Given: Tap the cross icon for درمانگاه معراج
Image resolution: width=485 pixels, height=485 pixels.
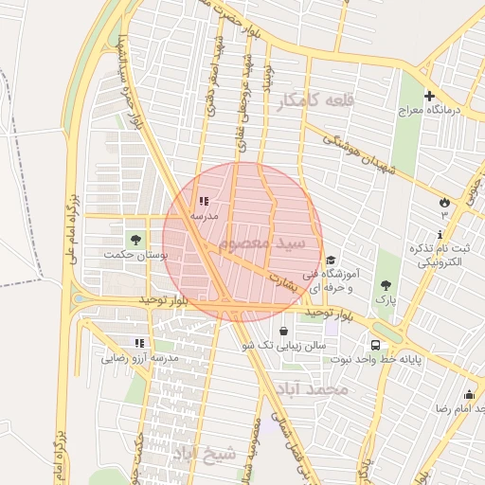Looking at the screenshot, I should (429, 96).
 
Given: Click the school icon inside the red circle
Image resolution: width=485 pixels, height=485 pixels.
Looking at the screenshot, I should (204, 201).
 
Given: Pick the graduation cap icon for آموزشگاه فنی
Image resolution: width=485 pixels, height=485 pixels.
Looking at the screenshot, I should (330, 260).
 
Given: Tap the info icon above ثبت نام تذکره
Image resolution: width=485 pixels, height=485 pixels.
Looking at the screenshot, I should (440, 233).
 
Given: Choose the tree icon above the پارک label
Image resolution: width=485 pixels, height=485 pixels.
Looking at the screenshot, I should (385, 284).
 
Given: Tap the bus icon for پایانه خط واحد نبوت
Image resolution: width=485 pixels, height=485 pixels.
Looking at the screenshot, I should (376, 345).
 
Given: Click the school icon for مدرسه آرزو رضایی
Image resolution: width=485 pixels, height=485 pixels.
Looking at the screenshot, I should (139, 343).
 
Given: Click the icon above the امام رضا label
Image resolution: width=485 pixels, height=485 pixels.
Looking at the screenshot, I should (469, 394).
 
